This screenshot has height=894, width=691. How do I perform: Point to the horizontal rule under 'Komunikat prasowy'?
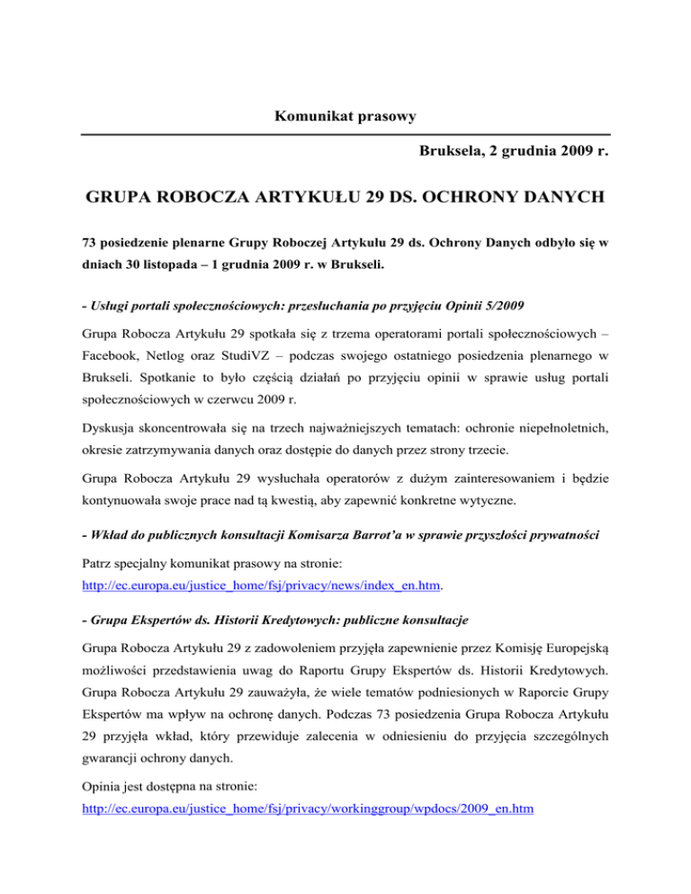(x=345, y=135)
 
